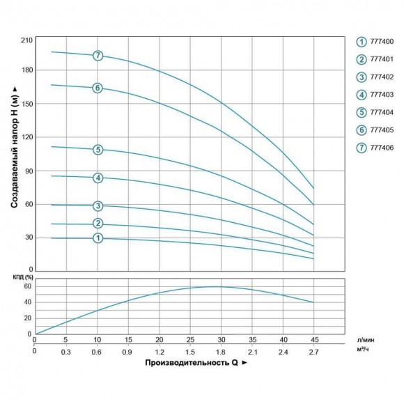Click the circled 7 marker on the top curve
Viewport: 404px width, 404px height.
[98, 55]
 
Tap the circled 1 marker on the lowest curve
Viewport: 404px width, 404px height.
[98, 238]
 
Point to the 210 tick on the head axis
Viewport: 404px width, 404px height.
[26, 40]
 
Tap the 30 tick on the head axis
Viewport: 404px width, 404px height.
[28, 238]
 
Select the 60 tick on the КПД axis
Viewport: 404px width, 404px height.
[28, 286]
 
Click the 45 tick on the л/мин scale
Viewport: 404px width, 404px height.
[314, 340]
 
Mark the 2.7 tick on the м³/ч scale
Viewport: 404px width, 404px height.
[314, 352]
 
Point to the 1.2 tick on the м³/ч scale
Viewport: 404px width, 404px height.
[160, 352]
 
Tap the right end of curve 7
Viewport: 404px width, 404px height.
[313, 188]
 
